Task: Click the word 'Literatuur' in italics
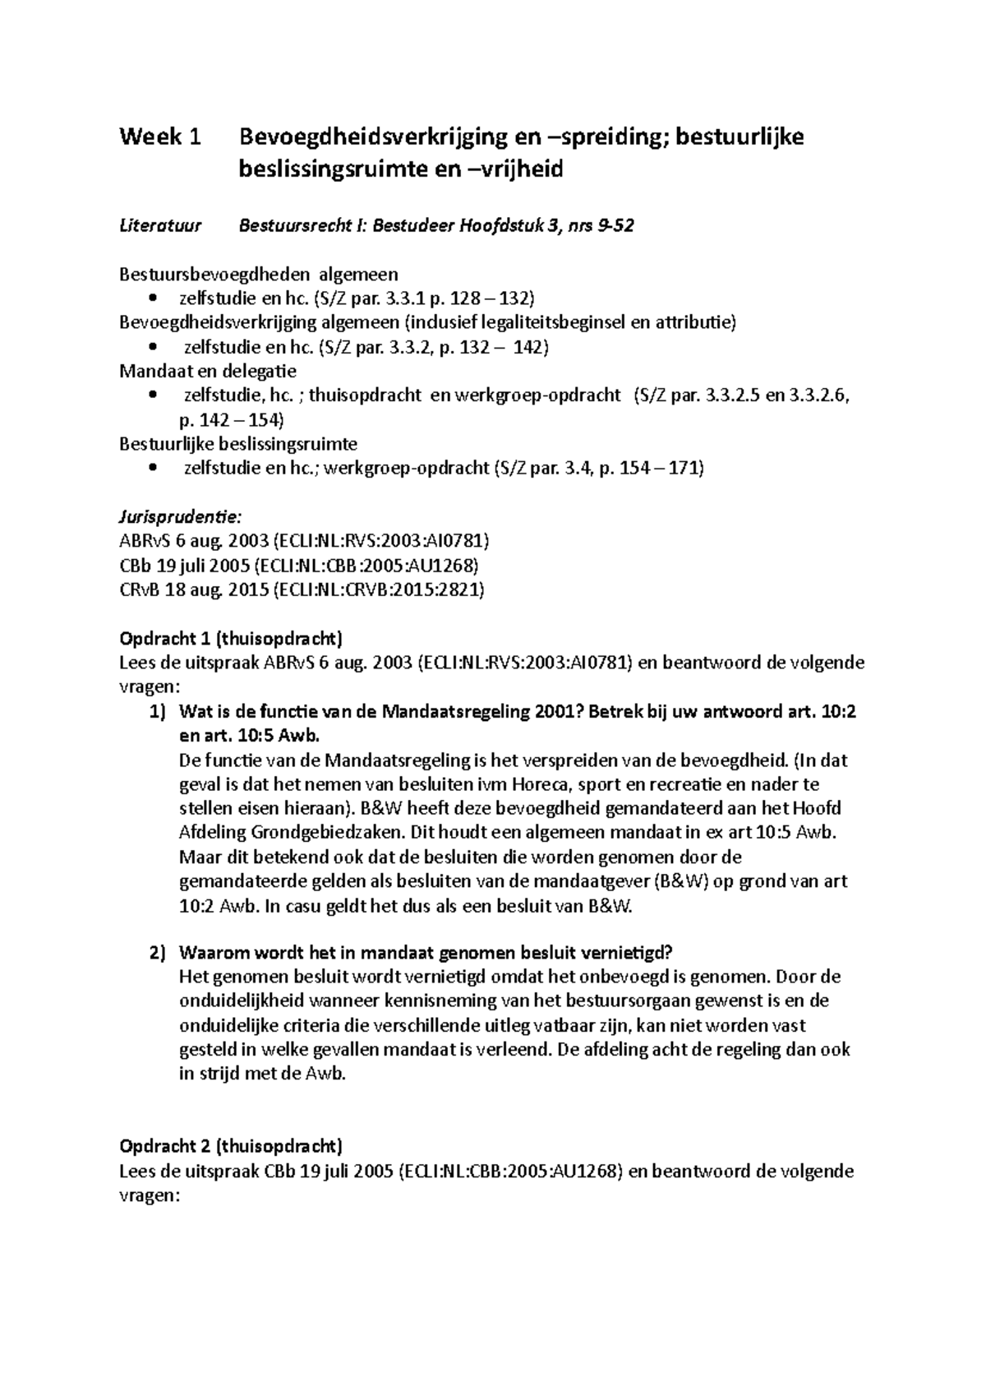(x=160, y=226)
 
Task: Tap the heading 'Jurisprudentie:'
(x=180, y=517)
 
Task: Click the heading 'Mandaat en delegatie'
(x=208, y=371)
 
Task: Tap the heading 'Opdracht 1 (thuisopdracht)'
(x=231, y=639)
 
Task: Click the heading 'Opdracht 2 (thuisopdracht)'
(x=231, y=1146)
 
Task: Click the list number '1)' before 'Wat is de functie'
(x=158, y=712)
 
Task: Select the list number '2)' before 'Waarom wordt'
(x=158, y=953)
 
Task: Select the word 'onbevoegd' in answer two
(x=620, y=978)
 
